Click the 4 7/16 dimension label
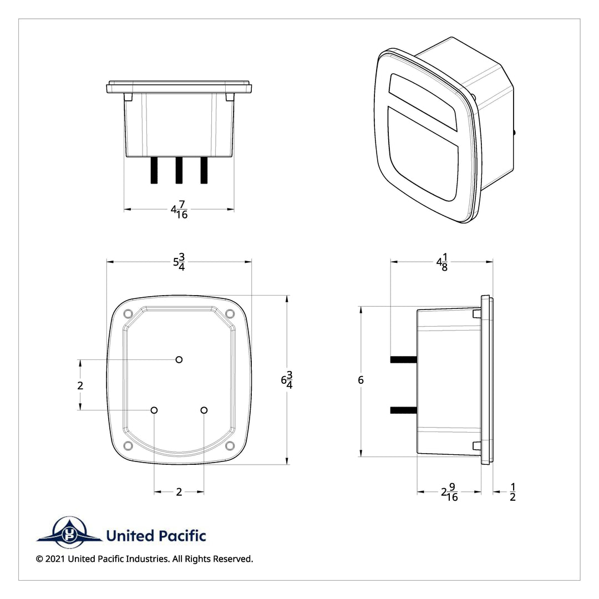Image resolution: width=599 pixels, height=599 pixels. (179, 210)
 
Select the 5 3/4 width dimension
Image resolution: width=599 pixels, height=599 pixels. (179, 262)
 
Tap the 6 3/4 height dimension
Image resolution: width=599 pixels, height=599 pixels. (287, 380)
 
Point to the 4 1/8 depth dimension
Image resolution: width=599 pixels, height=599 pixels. (442, 262)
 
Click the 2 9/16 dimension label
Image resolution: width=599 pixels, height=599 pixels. (450, 492)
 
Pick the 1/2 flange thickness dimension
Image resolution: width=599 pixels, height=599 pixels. (512, 492)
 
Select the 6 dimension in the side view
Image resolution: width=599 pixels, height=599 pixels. (361, 380)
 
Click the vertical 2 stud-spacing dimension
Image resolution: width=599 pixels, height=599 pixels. (80, 385)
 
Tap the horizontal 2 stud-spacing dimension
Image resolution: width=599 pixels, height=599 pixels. (179, 492)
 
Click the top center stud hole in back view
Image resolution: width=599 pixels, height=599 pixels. (179, 359)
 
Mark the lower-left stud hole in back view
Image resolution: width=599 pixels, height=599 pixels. (154, 410)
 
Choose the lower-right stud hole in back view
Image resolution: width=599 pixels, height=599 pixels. (204, 410)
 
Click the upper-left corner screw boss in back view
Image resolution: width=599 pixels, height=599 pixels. (128, 314)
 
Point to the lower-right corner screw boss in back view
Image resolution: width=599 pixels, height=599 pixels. (230, 445)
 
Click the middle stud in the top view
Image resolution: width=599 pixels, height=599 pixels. (179, 170)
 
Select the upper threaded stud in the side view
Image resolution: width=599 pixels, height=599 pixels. (403, 359)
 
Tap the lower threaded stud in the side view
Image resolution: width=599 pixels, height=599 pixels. (403, 410)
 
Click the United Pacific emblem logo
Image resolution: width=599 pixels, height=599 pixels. (69, 532)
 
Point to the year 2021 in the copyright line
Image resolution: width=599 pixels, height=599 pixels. (55, 559)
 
